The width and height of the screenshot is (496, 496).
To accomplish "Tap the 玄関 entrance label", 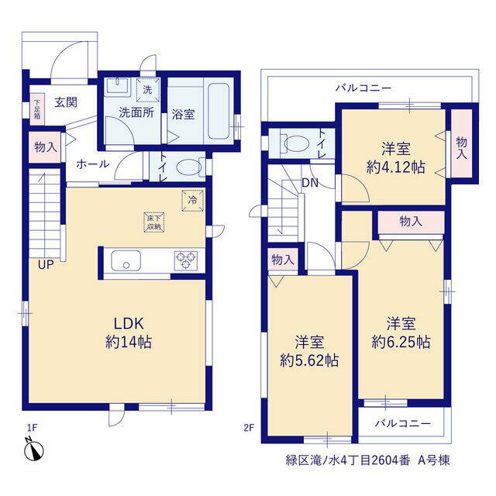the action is click(66, 102).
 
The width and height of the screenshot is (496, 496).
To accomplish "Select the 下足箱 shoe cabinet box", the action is click(37, 109).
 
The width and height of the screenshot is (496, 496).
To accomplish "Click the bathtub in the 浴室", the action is click(219, 111).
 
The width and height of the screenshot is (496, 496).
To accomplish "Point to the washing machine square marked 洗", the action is click(148, 90).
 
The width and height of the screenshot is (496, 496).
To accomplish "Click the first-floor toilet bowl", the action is click(189, 167).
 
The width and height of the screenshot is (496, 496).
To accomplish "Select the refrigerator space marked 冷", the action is click(192, 200).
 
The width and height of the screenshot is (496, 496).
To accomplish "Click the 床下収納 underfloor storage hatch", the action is click(154, 222).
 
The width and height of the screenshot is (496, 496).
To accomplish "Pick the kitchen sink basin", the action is click(126, 260).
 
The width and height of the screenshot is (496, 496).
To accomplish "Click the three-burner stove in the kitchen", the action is click(186, 260).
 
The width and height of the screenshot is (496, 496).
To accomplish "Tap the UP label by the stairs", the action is click(46, 265).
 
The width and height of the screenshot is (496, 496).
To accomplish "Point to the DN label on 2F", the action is click(310, 183).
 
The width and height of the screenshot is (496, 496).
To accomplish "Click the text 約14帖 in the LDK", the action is click(129, 342).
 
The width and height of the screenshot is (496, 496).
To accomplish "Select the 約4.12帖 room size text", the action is click(395, 167).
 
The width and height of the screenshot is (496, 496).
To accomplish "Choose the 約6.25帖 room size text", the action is click(401, 342).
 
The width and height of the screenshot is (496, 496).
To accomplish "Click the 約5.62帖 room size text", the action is click(309, 360).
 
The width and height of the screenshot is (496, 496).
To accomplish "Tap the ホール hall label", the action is click(93, 164).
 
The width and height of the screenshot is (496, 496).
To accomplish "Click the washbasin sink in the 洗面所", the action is click(118, 87).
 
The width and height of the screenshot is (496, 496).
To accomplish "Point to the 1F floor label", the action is click(33, 428).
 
